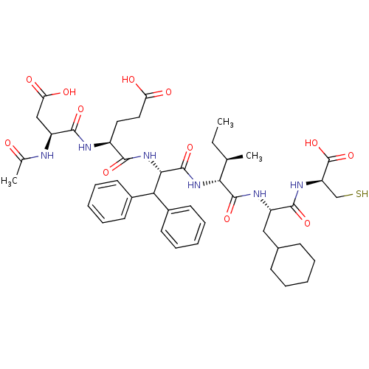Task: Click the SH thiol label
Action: (362, 193)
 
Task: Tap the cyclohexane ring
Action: (293, 265)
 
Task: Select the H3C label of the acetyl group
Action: (9, 182)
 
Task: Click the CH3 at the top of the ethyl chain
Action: (225, 123)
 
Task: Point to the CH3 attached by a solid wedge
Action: (254, 156)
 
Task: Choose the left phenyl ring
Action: (109, 201)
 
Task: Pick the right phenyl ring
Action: (183, 227)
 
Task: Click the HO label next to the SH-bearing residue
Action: (311, 143)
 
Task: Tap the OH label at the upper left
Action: (69, 92)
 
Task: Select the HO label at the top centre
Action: (128, 80)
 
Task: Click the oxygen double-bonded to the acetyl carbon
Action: (8, 143)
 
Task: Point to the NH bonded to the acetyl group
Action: (47, 156)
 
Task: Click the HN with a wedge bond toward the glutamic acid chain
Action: (85, 148)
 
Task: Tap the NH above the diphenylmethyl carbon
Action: (150, 156)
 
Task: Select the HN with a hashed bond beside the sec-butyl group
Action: (194, 184)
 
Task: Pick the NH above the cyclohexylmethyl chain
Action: (260, 194)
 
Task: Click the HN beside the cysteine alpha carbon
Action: (297, 184)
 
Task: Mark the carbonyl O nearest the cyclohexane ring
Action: (307, 223)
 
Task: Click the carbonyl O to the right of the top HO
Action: (168, 92)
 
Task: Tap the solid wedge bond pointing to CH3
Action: (235, 158)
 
